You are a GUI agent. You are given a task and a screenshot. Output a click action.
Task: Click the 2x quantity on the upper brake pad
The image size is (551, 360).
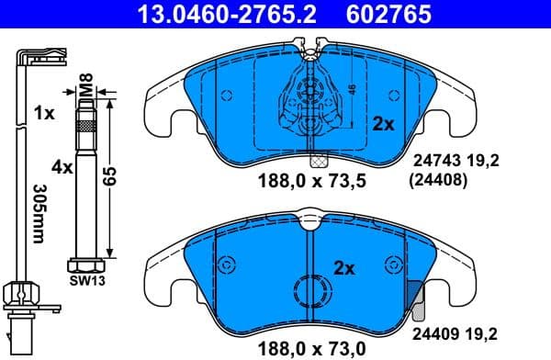(x=382, y=123)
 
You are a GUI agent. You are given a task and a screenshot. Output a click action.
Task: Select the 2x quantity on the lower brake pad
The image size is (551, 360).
(x=343, y=269)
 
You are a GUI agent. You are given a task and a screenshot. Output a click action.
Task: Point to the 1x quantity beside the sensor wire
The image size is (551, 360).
(x=43, y=114)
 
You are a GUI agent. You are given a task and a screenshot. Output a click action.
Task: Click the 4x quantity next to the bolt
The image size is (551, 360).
(x=62, y=168)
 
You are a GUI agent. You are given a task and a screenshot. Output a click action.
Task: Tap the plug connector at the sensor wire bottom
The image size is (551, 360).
(x=22, y=326)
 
